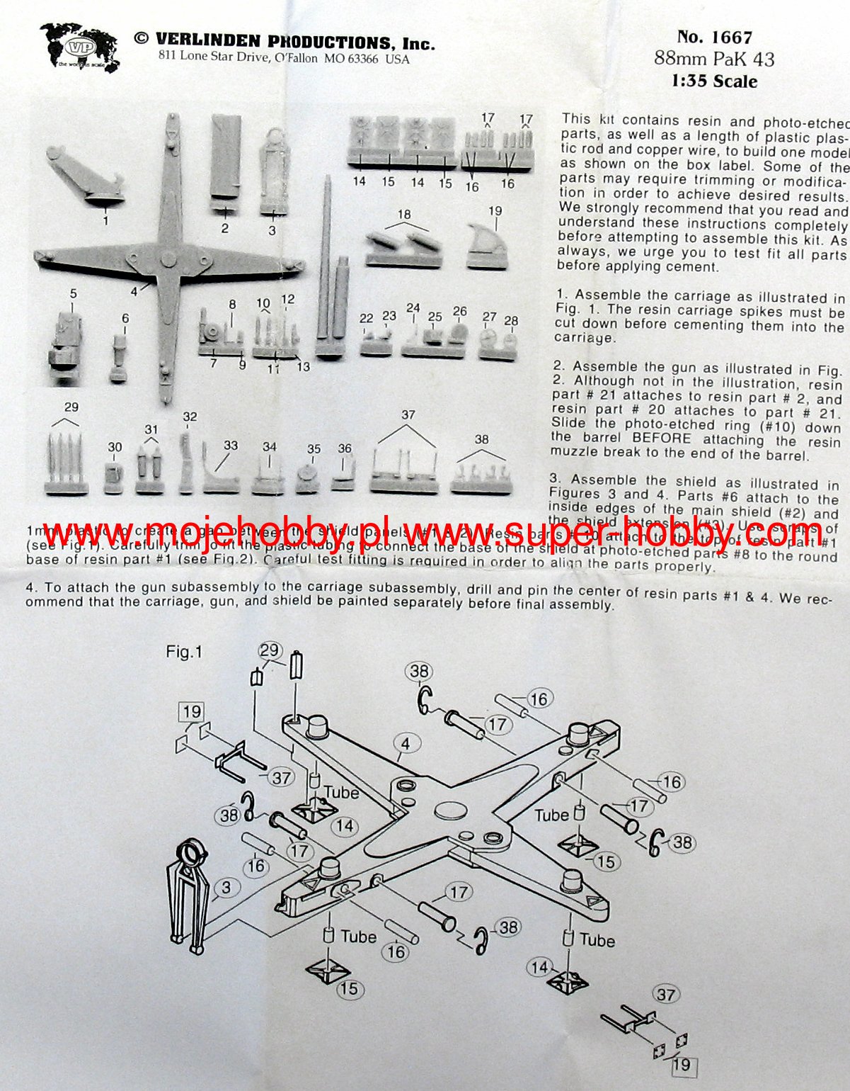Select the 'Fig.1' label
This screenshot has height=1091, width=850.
point(184,651)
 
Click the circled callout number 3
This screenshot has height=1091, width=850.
point(226,887)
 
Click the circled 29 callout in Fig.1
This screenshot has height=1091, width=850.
point(270,651)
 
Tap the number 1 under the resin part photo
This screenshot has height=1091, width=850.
point(105,220)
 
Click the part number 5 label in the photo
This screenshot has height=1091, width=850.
point(73,293)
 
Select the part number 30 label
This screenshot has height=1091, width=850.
point(115,447)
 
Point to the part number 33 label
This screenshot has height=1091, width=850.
point(231,446)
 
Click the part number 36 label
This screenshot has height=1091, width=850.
point(345,448)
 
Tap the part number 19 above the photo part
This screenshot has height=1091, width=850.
point(495,210)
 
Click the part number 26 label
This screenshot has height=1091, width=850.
point(460,311)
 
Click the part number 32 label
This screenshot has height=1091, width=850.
point(189,417)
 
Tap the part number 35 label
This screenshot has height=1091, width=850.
point(314,449)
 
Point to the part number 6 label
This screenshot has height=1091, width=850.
point(125,319)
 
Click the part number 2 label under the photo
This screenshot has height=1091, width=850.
point(225,228)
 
